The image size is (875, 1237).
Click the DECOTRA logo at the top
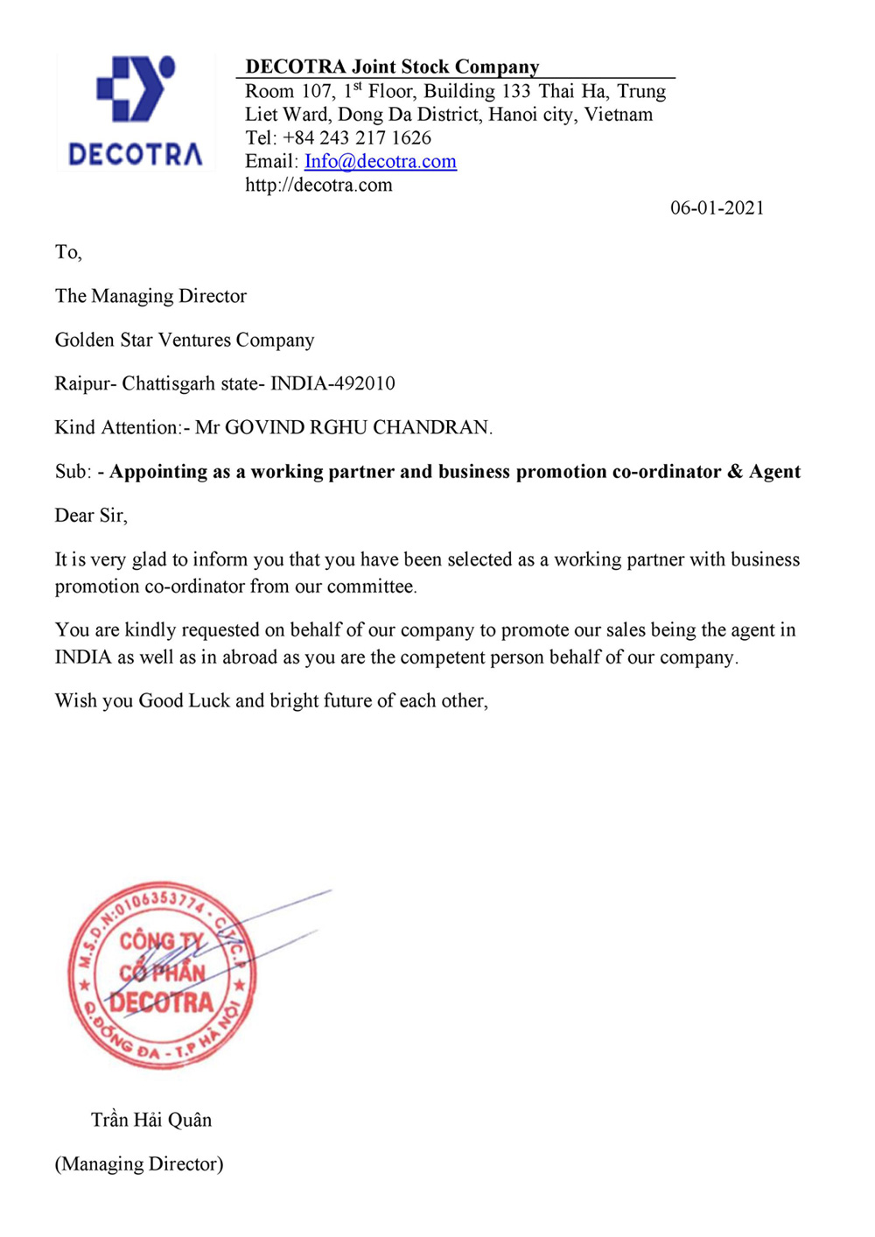(136, 112)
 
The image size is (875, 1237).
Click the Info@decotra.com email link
(380, 161)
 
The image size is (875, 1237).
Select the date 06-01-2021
(717, 208)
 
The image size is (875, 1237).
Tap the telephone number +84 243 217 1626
(356, 138)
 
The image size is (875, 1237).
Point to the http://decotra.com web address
(318, 185)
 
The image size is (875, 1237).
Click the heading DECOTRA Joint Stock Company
(392, 67)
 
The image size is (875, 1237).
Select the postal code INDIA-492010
(332, 383)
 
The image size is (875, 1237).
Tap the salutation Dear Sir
(90, 516)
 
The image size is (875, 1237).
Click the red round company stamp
(163, 974)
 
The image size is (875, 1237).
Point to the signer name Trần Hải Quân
(151, 1120)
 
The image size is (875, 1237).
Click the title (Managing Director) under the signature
(139, 1163)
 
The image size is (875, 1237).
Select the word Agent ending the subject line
(774, 472)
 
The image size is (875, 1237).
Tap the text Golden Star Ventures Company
(185, 340)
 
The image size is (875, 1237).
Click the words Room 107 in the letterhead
(289, 91)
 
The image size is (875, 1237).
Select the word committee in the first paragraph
(371, 587)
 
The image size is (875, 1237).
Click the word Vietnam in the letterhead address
(619, 115)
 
